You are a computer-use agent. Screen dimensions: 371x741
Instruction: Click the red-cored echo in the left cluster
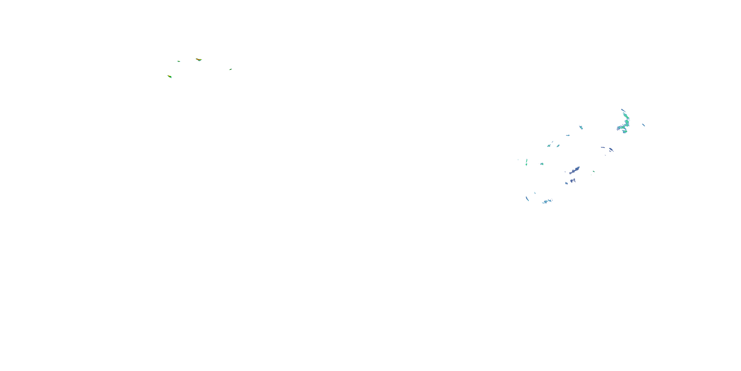[199, 60]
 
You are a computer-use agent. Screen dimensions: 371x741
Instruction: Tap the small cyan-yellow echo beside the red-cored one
[179, 61]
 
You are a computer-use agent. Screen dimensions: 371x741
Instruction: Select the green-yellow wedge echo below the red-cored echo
[170, 77]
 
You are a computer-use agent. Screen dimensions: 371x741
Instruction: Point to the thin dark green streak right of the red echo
[230, 70]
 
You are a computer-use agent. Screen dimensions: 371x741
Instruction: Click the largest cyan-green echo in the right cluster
[625, 122]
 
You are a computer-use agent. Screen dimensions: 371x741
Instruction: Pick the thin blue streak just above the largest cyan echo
[623, 110]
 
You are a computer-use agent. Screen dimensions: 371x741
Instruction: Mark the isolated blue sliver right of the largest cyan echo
[643, 125]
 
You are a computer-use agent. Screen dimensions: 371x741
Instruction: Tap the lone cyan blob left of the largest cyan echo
[581, 127]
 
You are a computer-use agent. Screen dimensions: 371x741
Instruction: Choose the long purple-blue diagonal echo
[575, 170]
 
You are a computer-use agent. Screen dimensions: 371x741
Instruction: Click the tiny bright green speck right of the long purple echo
[594, 172]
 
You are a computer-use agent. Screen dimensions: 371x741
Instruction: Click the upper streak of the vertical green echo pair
[527, 161]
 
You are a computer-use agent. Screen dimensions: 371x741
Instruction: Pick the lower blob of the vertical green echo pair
[526, 165]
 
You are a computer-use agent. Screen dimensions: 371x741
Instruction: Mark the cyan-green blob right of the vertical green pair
[542, 164]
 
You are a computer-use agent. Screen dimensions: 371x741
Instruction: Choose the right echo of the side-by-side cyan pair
[558, 146]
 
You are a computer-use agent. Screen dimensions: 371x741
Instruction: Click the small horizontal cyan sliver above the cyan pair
[568, 135]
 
